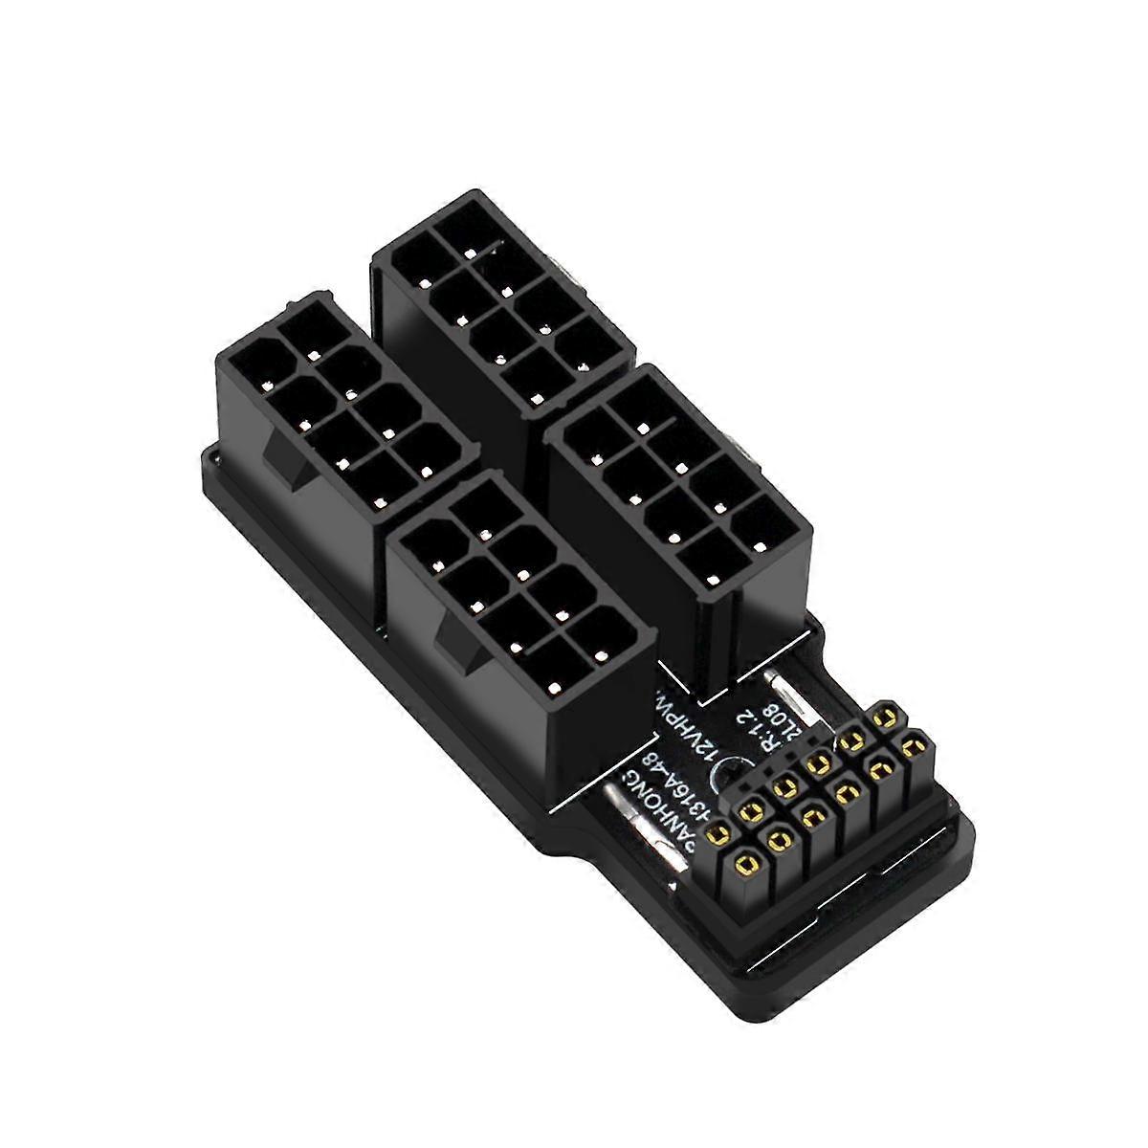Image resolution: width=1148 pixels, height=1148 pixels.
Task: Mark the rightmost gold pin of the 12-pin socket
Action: (x=916, y=741)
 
